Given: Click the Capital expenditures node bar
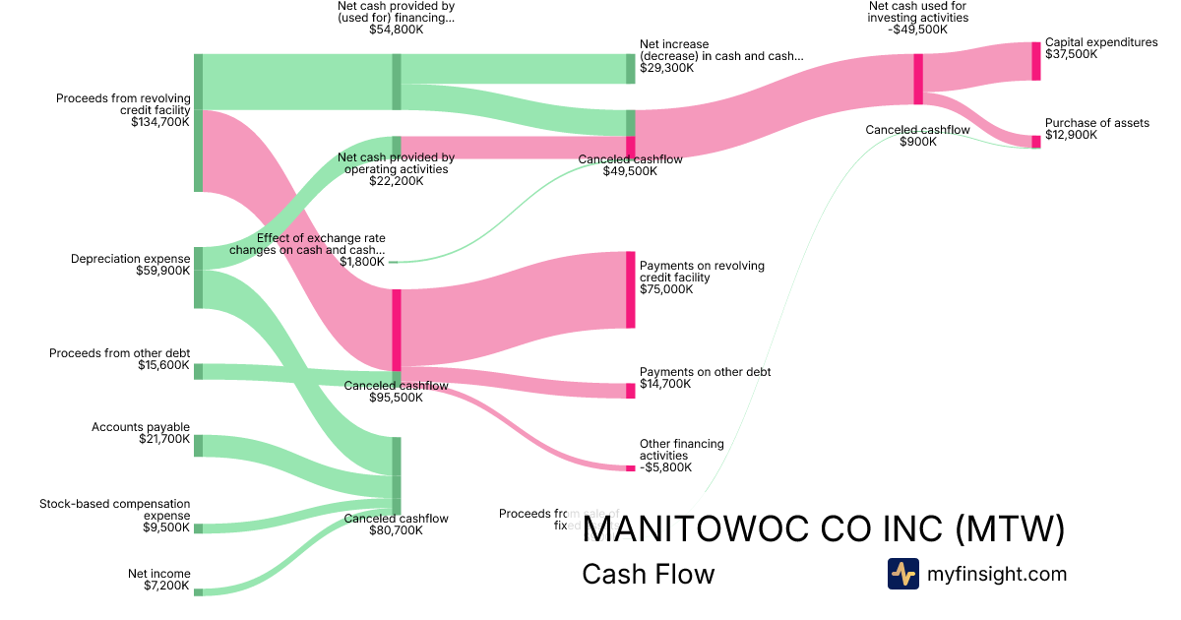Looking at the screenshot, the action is [1035, 61].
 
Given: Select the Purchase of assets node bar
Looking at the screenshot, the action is [1035, 142].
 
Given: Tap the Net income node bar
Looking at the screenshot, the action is [198, 592].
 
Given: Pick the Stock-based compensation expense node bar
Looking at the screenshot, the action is [198, 528].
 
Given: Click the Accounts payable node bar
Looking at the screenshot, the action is [198, 446].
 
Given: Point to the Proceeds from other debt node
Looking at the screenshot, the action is [198, 371].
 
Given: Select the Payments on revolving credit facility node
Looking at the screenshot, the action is [631, 289].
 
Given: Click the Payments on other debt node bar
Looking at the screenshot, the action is [631, 391].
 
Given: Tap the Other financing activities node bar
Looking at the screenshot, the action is [631, 468].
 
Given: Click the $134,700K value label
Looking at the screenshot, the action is [159, 123].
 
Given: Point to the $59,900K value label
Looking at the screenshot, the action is [162, 271].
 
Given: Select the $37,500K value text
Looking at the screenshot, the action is [1072, 55].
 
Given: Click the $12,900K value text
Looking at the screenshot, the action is [1071, 135].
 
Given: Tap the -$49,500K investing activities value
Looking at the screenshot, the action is [917, 30].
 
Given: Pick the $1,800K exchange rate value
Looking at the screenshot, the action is [361, 262].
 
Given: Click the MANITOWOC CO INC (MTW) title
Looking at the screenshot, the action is [824, 529].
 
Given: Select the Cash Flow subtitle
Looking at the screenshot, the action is [649, 574].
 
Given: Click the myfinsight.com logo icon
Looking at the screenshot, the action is [903, 574].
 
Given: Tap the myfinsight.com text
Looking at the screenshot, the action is [997, 574].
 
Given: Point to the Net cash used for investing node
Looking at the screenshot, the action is [918, 79].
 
